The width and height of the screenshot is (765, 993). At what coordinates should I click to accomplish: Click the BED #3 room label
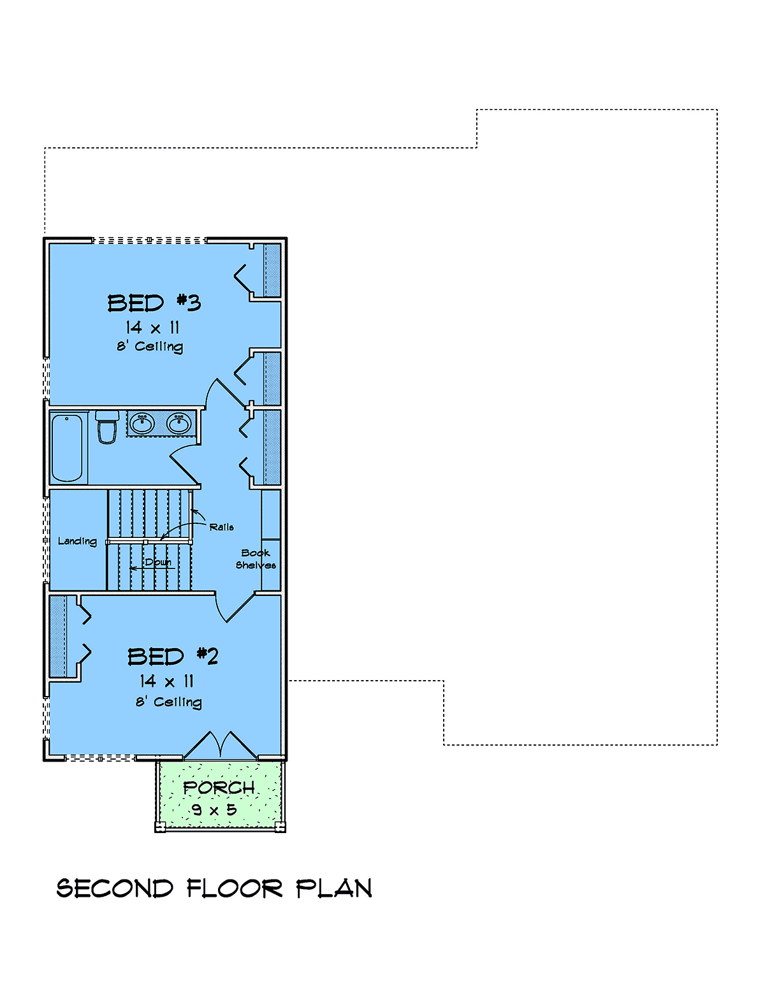(x=154, y=303)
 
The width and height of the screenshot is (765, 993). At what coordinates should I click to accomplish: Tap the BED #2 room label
(x=173, y=656)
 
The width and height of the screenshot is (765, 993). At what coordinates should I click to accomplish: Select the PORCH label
(x=219, y=787)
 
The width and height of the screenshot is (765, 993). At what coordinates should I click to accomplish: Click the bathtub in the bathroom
(x=67, y=448)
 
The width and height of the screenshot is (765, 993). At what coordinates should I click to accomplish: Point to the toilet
(x=107, y=427)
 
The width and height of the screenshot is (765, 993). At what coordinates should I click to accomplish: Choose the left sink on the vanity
(x=142, y=424)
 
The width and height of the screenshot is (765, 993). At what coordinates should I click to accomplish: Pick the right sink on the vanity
(x=178, y=424)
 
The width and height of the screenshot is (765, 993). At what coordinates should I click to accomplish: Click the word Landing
(x=77, y=542)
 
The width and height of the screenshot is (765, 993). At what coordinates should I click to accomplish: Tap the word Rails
(x=222, y=527)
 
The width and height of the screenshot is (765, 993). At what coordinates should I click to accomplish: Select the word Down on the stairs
(x=158, y=562)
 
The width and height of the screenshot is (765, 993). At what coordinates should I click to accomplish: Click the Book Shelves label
(x=256, y=559)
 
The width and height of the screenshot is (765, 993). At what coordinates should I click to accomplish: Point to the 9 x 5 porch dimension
(x=214, y=810)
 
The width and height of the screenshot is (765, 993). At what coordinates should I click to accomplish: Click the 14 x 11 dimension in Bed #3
(x=152, y=328)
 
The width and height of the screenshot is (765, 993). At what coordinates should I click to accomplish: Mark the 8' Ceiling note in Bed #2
(x=169, y=702)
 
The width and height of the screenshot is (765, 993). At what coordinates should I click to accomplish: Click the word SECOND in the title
(x=115, y=888)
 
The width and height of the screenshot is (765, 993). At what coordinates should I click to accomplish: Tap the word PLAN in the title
(x=334, y=888)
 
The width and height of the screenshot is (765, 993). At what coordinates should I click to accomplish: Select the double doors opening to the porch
(x=221, y=745)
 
